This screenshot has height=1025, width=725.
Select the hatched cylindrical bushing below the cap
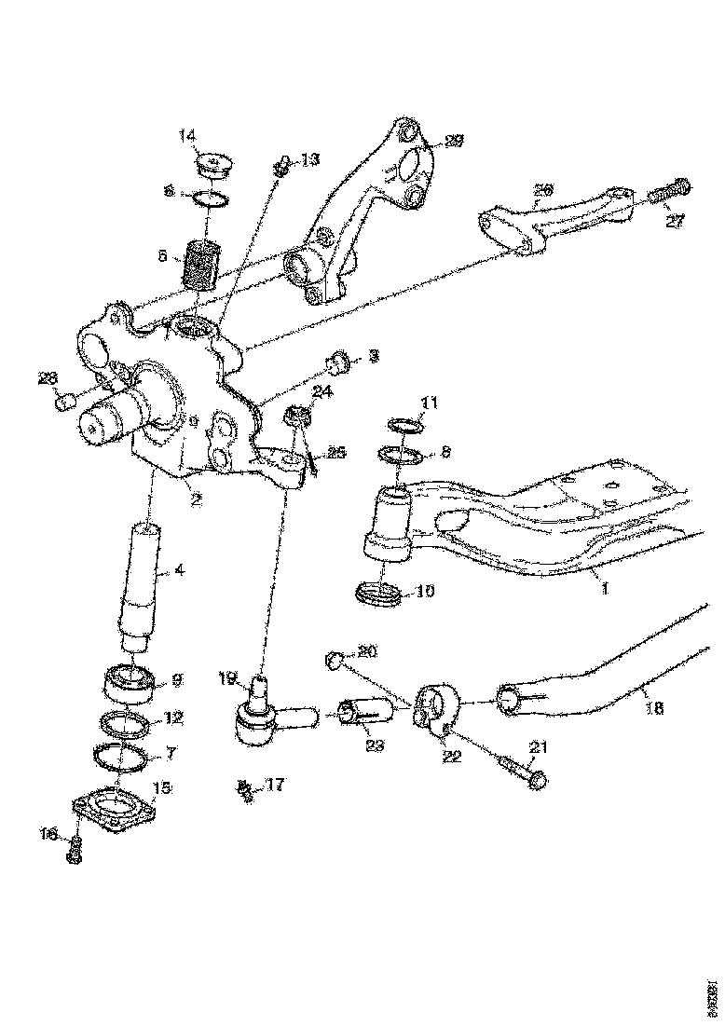click(201, 263)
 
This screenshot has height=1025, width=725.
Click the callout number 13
click(308, 159)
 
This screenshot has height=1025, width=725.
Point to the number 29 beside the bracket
click(454, 141)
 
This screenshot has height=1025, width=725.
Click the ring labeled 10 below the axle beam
click(379, 594)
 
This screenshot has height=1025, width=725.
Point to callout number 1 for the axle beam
click(606, 590)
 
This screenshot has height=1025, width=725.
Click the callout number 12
click(174, 717)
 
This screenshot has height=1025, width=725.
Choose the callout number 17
click(273, 786)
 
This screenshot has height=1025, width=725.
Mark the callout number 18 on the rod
click(655, 708)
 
